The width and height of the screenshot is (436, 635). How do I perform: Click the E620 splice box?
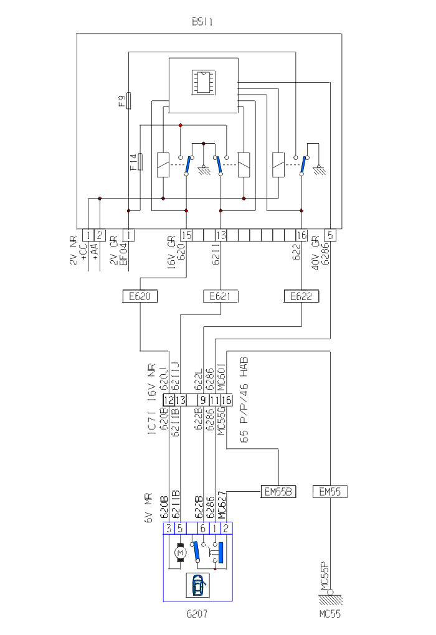(140, 296)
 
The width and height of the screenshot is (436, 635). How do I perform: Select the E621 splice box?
(220, 296)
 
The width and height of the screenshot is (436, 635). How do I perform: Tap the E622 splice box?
(301, 296)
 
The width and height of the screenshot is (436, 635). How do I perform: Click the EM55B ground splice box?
(278, 492)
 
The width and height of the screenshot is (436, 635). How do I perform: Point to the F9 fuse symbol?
(128, 100)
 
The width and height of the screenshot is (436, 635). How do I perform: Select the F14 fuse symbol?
(141, 162)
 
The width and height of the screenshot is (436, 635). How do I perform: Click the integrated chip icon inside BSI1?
(204, 81)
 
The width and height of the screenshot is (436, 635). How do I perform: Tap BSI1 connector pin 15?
(186, 235)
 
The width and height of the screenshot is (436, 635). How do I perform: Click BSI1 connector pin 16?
(301, 235)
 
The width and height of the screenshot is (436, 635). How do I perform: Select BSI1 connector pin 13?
(220, 235)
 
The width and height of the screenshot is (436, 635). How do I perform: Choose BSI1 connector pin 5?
(331, 235)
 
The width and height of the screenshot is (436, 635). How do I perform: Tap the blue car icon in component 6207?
(199, 585)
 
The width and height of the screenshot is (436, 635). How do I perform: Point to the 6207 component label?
(197, 613)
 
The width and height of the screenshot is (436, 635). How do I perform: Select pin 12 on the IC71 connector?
(169, 400)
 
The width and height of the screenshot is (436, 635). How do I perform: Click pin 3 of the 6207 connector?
(169, 528)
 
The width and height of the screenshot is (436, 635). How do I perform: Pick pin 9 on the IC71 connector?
(203, 400)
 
